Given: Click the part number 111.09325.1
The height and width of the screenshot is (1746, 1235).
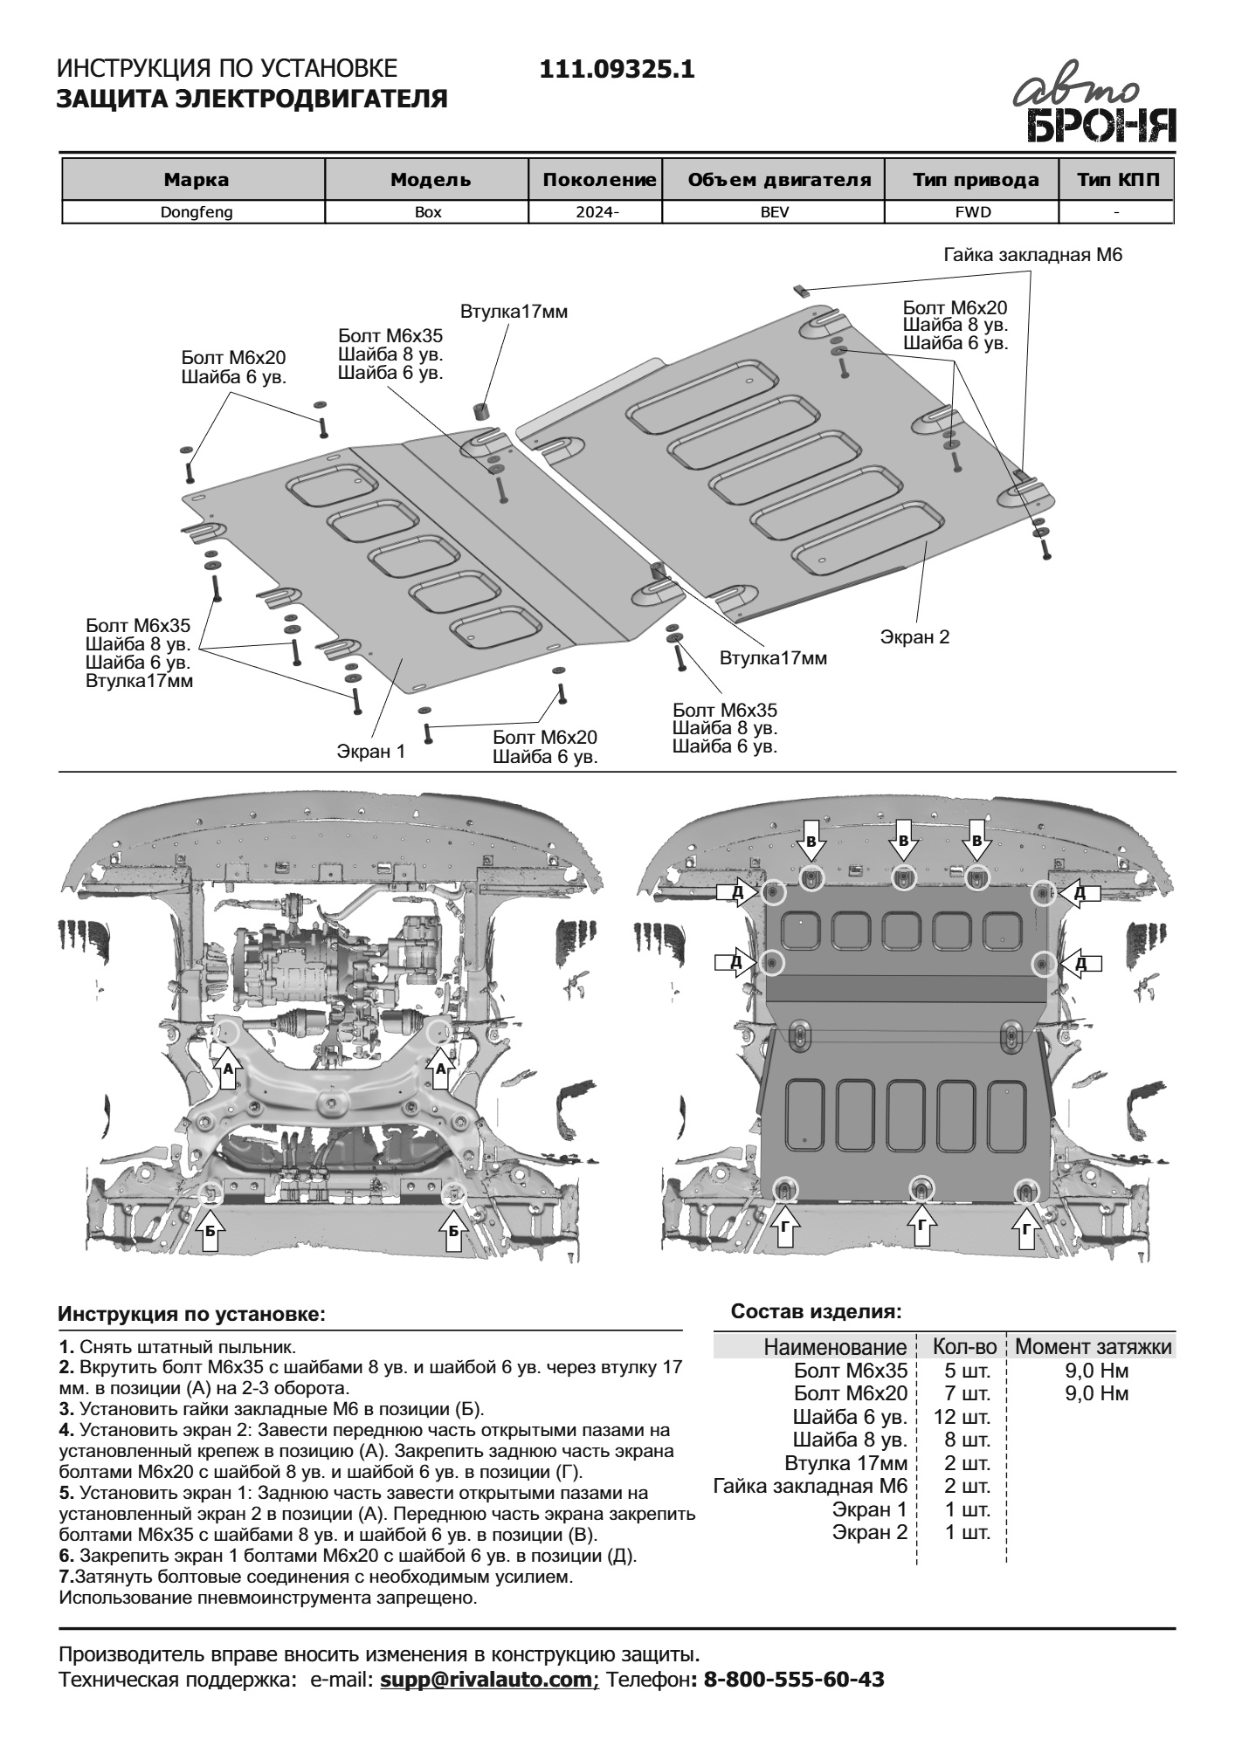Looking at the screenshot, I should [x=617, y=69].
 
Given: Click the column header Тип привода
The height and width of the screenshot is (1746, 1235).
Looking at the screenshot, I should [x=976, y=181].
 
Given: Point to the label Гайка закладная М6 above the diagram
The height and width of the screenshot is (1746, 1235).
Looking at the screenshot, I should [x=1031, y=255].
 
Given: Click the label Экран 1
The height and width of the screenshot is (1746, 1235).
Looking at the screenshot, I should [x=371, y=751].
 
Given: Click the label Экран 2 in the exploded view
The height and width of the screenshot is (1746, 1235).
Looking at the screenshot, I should [x=914, y=636].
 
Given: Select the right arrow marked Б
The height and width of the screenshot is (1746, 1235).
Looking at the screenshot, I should [x=452, y=1229].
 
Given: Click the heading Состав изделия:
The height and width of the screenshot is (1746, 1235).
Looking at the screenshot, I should [x=816, y=1311].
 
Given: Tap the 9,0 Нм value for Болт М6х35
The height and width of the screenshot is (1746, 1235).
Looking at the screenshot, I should [x=1096, y=1371].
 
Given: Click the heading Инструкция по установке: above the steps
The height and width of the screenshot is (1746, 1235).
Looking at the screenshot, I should [x=191, y=1314].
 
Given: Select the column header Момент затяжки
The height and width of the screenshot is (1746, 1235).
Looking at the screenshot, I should [x=1094, y=1347].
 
